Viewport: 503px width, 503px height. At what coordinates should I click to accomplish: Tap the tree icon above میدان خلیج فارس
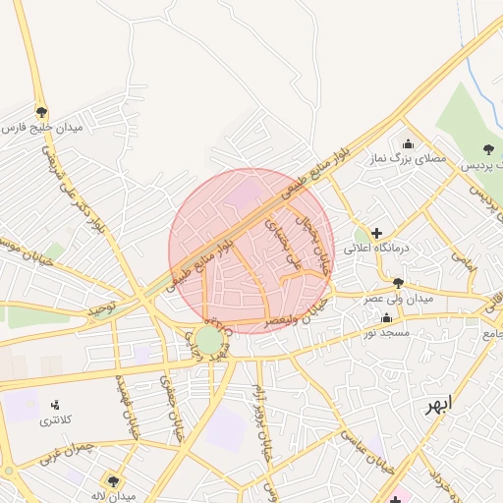click(41, 111)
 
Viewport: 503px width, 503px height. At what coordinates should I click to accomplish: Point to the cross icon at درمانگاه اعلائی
click(377, 233)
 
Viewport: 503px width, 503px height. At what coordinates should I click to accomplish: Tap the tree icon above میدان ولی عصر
click(398, 283)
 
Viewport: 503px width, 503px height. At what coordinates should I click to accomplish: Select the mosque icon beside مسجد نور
click(386, 318)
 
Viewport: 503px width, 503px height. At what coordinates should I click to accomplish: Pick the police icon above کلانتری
click(55, 405)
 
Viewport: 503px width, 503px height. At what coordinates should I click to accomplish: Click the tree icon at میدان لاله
click(115, 480)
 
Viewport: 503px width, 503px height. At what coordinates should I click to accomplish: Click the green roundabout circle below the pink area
click(208, 342)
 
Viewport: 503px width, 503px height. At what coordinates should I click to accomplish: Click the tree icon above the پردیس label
click(488, 149)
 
